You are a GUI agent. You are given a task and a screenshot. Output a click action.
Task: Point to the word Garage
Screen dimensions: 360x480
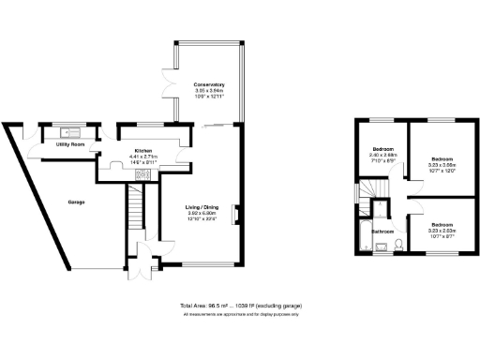[77, 202]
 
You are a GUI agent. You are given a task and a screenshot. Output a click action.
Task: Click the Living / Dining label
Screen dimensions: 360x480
[203, 207]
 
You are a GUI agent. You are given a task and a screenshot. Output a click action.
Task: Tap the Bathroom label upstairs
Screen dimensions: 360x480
[382, 231]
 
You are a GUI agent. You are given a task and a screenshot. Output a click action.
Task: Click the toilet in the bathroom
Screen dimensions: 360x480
[398, 246]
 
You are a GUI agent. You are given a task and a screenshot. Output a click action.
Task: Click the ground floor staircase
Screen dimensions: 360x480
[136, 208]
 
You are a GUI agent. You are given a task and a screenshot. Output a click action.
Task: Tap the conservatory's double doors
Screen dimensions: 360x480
[170, 81]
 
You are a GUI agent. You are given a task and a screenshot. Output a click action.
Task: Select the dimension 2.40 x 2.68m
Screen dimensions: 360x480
[383, 155]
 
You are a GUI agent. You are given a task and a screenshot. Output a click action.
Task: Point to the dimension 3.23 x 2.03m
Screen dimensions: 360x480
[442, 231]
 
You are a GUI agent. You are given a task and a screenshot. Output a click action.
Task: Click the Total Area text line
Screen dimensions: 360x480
[241, 306]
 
